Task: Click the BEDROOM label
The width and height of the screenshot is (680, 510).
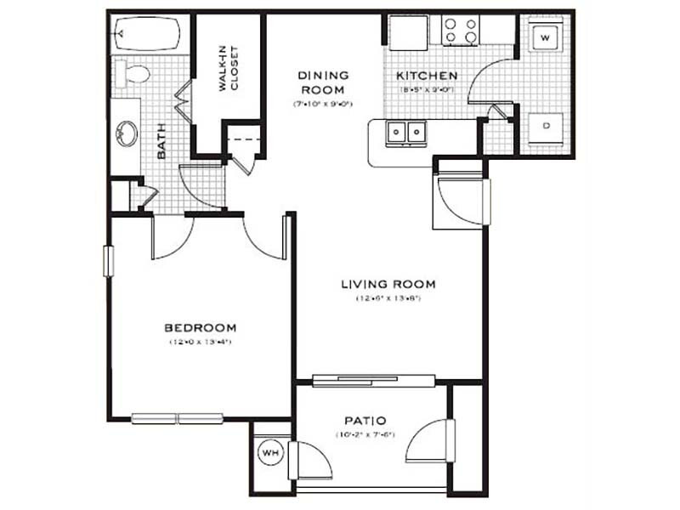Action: (200, 327)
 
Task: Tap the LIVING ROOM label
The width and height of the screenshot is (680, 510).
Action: (388, 284)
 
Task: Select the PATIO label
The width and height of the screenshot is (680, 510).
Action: (365, 421)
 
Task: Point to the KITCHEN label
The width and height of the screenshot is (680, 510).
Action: (428, 76)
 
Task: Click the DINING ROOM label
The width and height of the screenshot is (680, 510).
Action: (322, 82)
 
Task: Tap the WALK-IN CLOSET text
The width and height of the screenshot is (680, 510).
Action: (228, 69)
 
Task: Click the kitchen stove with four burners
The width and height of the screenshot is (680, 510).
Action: (460, 31)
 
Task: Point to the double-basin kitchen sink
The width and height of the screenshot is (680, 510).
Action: (405, 133)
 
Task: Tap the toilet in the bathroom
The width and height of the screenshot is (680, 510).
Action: (133, 73)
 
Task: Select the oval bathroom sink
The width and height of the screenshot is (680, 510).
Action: (127, 133)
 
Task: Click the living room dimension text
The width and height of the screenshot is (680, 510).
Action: (388, 298)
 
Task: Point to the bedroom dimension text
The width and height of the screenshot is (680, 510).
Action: (200, 342)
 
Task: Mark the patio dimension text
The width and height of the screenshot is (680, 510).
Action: (365, 436)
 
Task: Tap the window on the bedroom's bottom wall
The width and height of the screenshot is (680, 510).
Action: (177, 417)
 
